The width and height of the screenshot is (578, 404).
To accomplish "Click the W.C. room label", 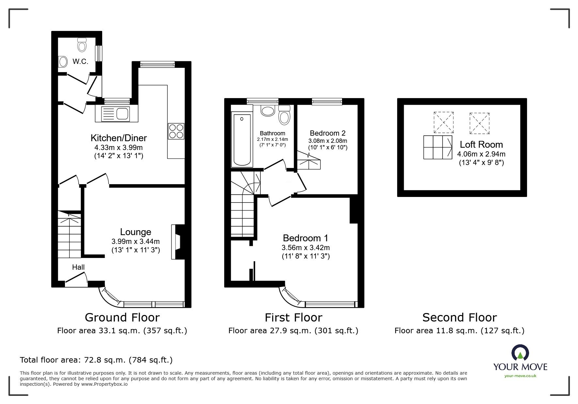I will pyautogui.click(x=80, y=61).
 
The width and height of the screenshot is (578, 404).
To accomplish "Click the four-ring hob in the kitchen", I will pyautogui.click(x=176, y=131).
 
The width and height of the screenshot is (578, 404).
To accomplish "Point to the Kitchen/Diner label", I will pyautogui.click(x=118, y=138).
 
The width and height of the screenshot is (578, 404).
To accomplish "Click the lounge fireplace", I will pyautogui.click(x=177, y=242).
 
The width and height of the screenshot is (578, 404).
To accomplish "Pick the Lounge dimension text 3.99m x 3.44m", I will pyautogui.click(x=135, y=242).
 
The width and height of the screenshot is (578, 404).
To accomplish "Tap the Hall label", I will pyautogui.click(x=78, y=267).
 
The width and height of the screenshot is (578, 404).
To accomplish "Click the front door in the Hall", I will pyautogui.click(x=76, y=280).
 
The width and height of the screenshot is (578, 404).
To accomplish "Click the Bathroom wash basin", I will pyautogui.click(x=268, y=111).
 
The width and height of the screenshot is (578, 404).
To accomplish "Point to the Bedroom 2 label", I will pyautogui.click(x=327, y=133).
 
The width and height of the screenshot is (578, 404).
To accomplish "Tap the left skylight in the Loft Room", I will pyautogui.click(x=444, y=122).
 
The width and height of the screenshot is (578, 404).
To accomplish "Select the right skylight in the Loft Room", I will pyautogui.click(x=479, y=123).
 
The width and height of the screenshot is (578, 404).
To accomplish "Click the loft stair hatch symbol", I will pyautogui.click(x=437, y=147).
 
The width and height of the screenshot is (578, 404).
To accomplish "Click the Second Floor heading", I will pyautogui.click(x=459, y=317).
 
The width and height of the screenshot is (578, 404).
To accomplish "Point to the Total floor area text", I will pyautogui.click(x=96, y=360).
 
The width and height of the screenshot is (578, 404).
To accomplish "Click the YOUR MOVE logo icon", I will pyautogui.click(x=520, y=353).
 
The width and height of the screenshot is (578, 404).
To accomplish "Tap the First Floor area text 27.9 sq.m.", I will pyautogui.click(x=293, y=331).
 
